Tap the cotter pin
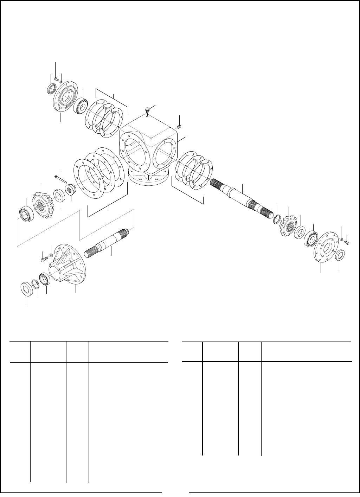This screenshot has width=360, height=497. coord(60,179)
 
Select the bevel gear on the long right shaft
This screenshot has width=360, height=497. coord(289,228)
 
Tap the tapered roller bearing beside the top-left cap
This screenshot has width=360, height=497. coord(81,104)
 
